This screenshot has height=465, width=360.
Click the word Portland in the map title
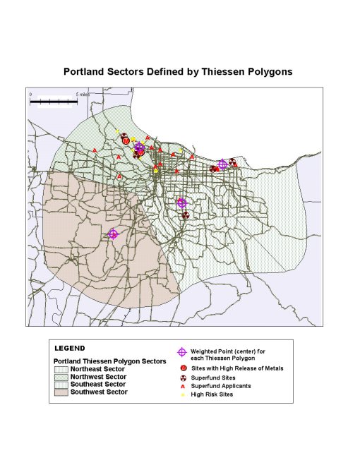point(87,71)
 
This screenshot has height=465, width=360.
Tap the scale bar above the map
point(53,102)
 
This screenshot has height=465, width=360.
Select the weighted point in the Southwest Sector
point(113,234)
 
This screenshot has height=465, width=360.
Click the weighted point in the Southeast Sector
point(181,203)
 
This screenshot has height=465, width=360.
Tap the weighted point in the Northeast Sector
point(222,164)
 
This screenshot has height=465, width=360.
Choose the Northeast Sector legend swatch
point(61,369)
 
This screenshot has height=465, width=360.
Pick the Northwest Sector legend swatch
point(61,377)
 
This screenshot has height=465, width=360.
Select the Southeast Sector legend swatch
point(61,384)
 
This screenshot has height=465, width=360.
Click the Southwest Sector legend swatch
point(61,392)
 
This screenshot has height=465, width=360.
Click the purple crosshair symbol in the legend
point(182,352)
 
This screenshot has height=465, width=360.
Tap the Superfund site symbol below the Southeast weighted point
point(185,215)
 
